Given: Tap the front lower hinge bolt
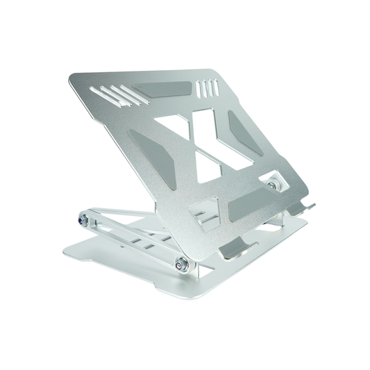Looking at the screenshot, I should click(x=182, y=263).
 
